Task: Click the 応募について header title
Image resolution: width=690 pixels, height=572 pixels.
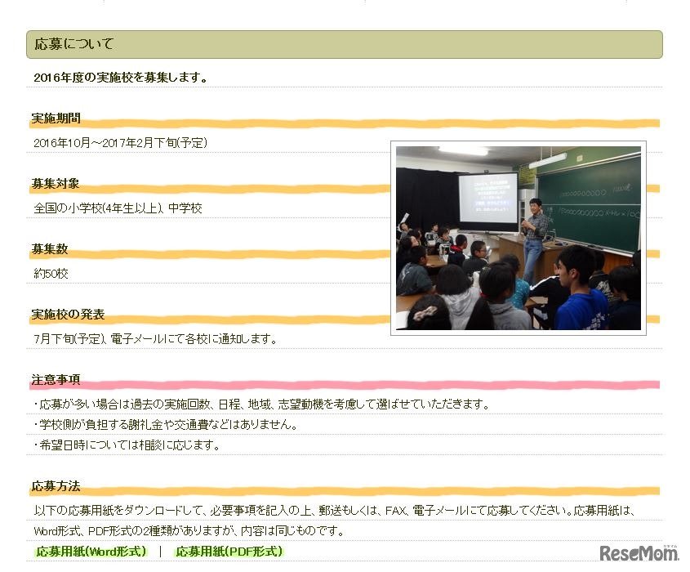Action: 74,44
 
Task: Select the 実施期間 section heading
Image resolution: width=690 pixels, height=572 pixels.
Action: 56,118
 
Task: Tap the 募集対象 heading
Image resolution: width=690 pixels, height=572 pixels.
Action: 56,183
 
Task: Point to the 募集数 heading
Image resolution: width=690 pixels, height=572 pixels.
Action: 50,248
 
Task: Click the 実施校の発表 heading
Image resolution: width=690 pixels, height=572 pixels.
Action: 68,314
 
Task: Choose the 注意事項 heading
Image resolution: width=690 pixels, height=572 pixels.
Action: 56,379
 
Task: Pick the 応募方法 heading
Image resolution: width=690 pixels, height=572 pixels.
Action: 56,485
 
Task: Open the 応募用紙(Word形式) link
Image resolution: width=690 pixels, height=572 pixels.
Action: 91,552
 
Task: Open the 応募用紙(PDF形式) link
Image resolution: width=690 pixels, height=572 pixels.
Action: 229,552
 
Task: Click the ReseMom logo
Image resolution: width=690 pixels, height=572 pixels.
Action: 639,552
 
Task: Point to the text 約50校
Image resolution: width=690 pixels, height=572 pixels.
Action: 51,274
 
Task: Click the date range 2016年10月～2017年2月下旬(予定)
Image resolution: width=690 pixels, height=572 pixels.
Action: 121,143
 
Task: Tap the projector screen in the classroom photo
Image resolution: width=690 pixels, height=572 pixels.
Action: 488,199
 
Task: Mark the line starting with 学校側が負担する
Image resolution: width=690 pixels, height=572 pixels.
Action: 167,424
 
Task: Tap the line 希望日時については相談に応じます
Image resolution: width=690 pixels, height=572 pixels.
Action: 127,445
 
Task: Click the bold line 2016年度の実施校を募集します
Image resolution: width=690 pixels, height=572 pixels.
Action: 121,78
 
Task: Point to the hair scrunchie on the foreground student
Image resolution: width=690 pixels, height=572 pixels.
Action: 425,313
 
